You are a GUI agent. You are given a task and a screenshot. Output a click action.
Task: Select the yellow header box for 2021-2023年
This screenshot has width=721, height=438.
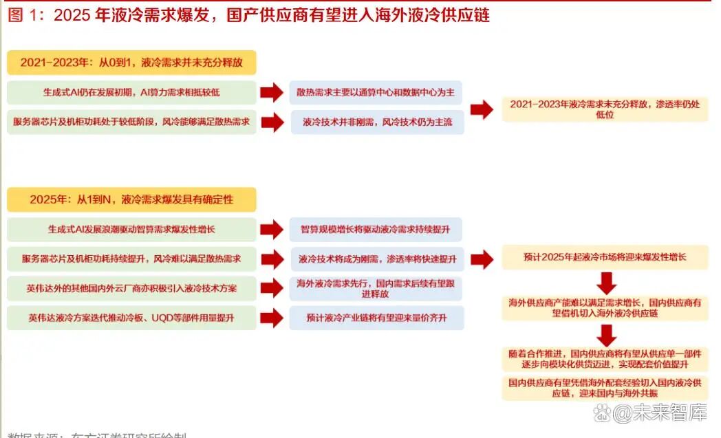[131, 62]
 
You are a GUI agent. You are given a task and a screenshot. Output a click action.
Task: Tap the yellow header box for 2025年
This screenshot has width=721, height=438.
[131, 199]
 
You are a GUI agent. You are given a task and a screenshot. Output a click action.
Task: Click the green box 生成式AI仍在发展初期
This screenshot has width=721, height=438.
[131, 91]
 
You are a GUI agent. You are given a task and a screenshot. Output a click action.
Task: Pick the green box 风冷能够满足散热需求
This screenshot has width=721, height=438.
[131, 122]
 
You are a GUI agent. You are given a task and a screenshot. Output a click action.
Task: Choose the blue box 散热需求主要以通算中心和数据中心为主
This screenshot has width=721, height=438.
[376, 91]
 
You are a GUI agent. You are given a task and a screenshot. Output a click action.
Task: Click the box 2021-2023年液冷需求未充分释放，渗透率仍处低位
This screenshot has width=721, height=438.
[605, 109]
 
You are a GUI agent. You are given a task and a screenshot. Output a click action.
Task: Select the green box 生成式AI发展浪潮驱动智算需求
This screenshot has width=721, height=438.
[131, 229]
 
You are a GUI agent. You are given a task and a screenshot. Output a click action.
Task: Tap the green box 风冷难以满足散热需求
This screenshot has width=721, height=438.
[131, 259]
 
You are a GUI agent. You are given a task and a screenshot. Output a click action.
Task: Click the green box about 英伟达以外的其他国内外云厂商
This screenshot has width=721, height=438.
[131, 288]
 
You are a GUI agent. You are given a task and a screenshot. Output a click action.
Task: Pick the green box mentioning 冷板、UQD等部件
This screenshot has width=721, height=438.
[131, 318]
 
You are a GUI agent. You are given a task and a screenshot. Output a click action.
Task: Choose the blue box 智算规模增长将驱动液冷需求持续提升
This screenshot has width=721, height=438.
[376, 229]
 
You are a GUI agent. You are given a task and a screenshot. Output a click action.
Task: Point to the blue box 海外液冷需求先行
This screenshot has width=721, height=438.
[376, 288]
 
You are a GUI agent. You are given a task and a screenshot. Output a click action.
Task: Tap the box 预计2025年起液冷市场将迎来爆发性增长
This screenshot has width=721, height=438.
[605, 258]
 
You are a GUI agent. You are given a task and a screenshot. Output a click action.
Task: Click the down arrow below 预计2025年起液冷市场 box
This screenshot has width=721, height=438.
[606, 283]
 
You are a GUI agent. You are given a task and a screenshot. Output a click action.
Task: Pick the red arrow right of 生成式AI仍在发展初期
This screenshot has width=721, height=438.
[272, 92]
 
